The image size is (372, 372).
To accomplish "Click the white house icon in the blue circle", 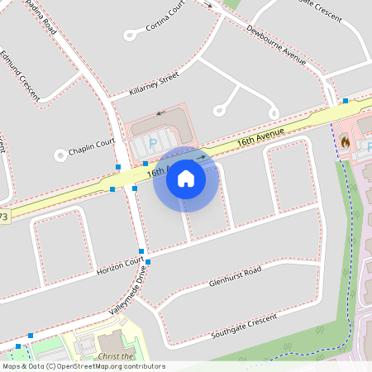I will pyautogui.click(x=186, y=178).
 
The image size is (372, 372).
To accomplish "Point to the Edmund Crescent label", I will pyautogui.click(x=20, y=76).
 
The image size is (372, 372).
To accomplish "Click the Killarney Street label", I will pyautogui.click(x=155, y=85).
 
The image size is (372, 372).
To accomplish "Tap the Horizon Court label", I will pyautogui.click(x=120, y=266).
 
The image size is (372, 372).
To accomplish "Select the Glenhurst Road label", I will pyautogui.click(x=235, y=275).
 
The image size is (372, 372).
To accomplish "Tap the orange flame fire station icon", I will pyautogui.click(x=344, y=142).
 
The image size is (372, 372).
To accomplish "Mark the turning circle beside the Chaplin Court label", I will pyautogui.click(x=60, y=154).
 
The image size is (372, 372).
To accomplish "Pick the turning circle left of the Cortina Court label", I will pyautogui.click(x=130, y=35).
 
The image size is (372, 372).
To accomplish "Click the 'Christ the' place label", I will pyautogui.click(x=115, y=355).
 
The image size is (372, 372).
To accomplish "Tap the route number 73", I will pyautogui.click(x=4, y=217).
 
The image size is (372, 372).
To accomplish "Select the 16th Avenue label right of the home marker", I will pyautogui.click(x=260, y=137).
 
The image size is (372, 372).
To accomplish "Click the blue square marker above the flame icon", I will pyautogui.click(x=346, y=101).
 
